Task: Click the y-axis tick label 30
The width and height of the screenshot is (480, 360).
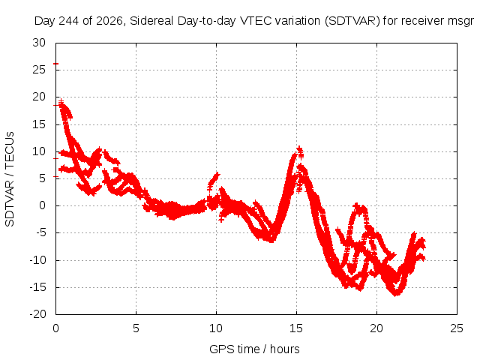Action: [x=39, y=43]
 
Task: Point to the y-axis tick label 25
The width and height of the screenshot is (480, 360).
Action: [x=39, y=70]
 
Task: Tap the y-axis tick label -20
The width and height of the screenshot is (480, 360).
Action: [x=37, y=314]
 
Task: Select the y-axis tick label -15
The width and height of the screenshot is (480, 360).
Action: [x=37, y=287]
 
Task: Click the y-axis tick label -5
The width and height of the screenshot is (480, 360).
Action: [x=40, y=232]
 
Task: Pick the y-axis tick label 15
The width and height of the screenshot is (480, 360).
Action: [x=39, y=124]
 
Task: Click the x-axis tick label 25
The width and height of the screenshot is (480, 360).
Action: [x=457, y=328]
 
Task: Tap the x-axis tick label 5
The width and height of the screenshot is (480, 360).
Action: [x=136, y=328]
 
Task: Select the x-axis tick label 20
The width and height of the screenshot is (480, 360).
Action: [x=376, y=328]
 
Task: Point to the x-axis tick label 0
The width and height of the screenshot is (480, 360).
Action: [x=55, y=328]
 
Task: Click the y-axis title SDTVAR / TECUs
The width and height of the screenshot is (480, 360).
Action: [x=10, y=179]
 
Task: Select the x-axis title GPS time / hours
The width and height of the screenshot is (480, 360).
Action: [x=254, y=349]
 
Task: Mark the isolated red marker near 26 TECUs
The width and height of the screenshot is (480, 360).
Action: [x=55, y=64]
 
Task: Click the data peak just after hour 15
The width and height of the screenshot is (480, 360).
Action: [x=299, y=148]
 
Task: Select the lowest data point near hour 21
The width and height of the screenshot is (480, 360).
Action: [x=396, y=294]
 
